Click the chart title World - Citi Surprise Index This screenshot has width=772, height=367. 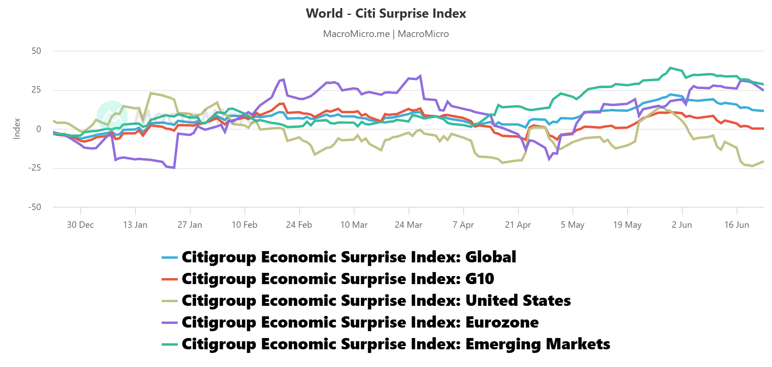pyautogui.click(x=386, y=13)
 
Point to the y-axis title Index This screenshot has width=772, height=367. pyautogui.click(x=17, y=129)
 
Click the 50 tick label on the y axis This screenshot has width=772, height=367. pyautogui.click(x=36, y=51)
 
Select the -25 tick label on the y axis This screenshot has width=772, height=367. pyautogui.click(x=35, y=168)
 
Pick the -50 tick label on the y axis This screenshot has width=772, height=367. pyautogui.click(x=35, y=207)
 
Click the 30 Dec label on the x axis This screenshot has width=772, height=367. pyautogui.click(x=80, y=225)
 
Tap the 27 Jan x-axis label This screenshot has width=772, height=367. pyautogui.click(x=190, y=225)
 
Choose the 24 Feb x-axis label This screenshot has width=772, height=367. pyautogui.click(x=299, y=225)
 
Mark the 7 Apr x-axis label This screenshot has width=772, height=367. pyautogui.click(x=463, y=225)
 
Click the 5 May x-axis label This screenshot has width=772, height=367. pyautogui.click(x=573, y=225)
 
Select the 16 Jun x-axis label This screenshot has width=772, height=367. pyautogui.click(x=737, y=225)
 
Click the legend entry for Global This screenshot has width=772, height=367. pyautogui.click(x=349, y=257)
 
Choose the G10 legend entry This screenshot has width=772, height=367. pyautogui.click(x=338, y=279)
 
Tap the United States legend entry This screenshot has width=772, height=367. pyautogui.click(x=376, y=301)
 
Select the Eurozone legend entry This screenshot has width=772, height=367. pyautogui.click(x=360, y=322)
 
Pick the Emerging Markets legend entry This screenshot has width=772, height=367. pyautogui.click(x=396, y=344)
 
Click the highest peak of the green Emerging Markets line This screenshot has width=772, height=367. pyautogui.click(x=670, y=68)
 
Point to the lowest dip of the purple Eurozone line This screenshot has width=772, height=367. pyautogui.click(x=174, y=167)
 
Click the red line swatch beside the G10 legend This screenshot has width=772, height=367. pyautogui.click(x=169, y=279)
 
